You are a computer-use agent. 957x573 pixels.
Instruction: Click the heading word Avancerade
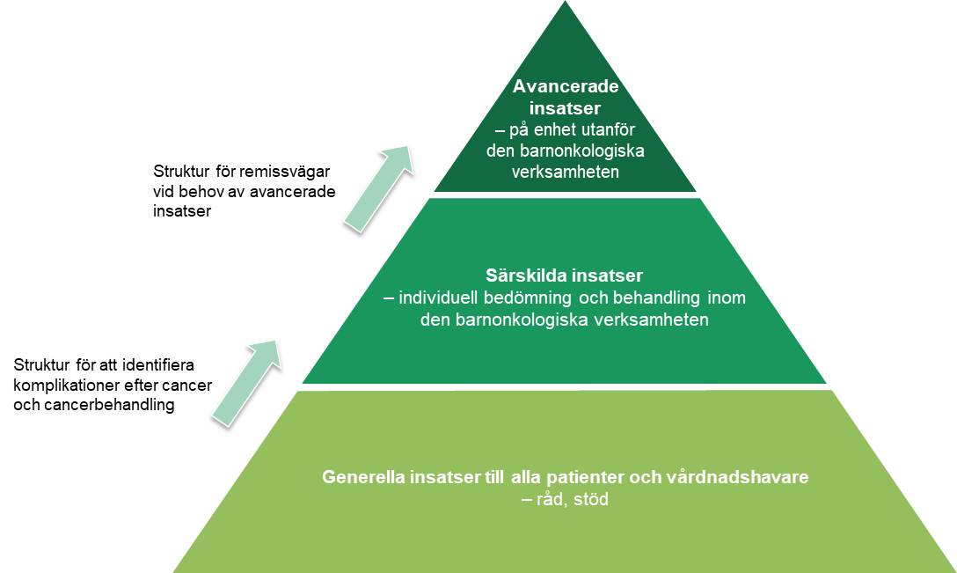565,88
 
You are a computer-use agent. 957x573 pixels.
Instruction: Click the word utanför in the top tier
610,130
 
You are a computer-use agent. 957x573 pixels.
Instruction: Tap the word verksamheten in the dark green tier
565,172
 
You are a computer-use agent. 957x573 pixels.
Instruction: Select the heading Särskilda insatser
564,276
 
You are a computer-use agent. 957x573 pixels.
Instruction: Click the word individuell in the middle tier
436,298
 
